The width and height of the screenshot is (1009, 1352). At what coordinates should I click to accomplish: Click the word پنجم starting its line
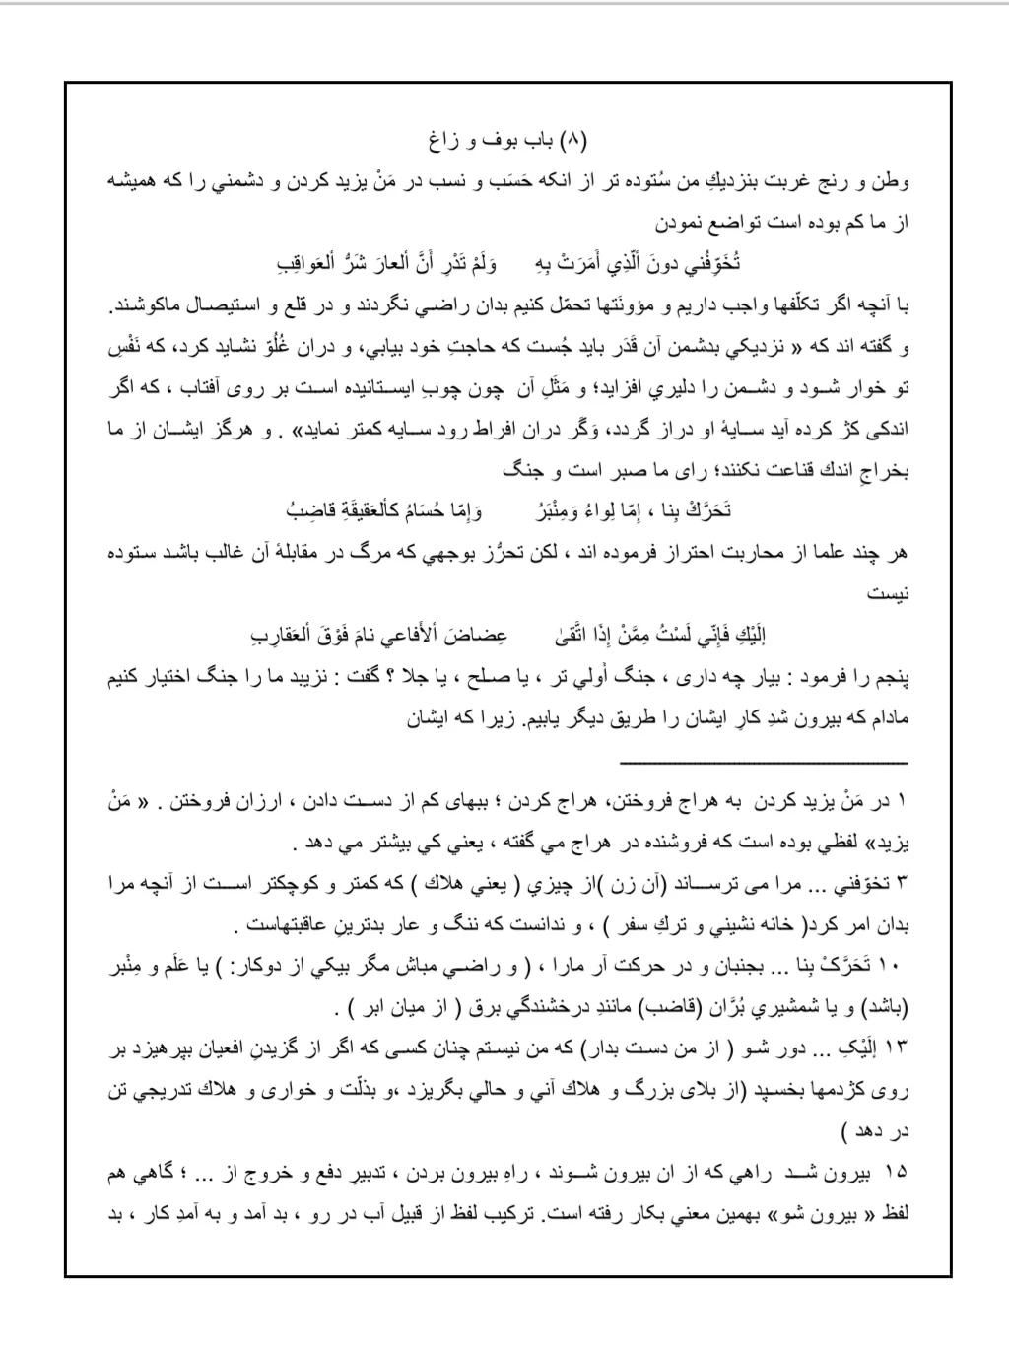[890, 678]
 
